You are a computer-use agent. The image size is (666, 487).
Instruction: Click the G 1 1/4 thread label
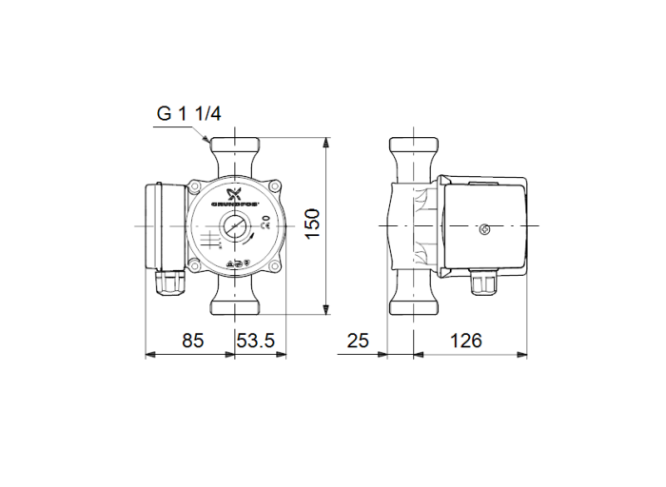(188, 114)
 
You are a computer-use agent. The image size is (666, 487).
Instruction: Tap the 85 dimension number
(193, 341)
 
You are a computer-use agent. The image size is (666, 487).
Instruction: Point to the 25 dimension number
(358, 341)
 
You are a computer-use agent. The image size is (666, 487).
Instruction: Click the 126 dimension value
(466, 341)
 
